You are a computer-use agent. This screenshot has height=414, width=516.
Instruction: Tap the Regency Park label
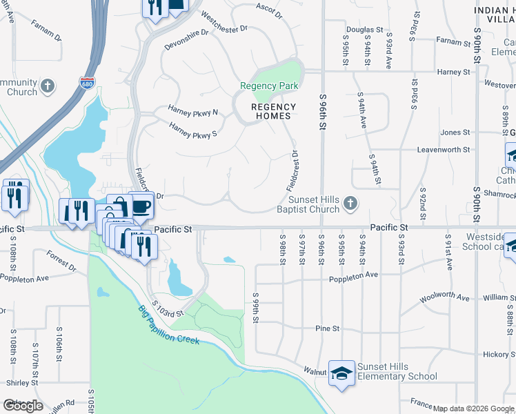coord(269,86)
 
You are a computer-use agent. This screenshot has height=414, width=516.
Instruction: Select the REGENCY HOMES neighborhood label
coord(273,111)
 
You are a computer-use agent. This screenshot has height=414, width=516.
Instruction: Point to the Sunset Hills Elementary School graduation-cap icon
coord(340,373)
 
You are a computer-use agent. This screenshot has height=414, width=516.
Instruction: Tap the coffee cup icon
coord(141,206)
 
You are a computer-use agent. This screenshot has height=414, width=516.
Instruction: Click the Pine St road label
coord(328,329)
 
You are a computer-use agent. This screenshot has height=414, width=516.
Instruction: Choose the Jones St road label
coord(455,132)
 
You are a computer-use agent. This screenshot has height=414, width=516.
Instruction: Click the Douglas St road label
coord(364,30)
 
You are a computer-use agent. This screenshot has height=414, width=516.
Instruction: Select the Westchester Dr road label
coord(224,23)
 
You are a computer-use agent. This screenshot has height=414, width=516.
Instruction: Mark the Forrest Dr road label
coord(62,261)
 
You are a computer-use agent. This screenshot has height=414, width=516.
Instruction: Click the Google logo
coord(23,406)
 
